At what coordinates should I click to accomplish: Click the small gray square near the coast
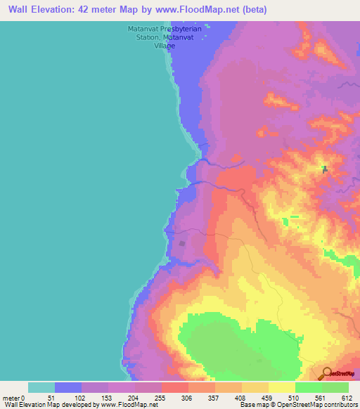(x=183, y=244)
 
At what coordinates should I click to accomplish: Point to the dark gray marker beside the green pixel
(x=324, y=169)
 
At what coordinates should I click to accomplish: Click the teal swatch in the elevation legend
(x=41, y=387)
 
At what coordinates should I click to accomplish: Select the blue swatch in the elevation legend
(x=68, y=387)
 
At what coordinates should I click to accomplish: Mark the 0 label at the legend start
(x=23, y=398)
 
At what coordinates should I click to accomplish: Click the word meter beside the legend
(x=11, y=398)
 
